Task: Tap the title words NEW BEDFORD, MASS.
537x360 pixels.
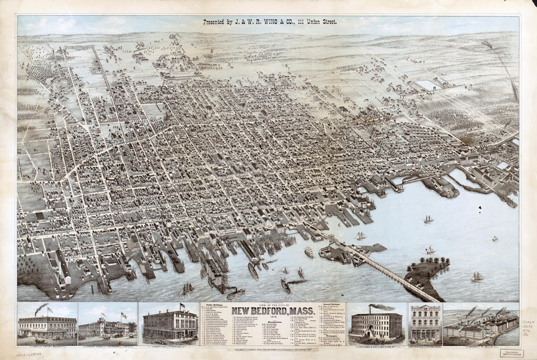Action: tap(272, 312)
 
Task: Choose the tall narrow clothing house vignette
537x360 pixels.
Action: tap(424, 323)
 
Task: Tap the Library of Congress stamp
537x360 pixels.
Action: tap(512, 353)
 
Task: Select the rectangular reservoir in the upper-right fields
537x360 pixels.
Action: tap(429, 85)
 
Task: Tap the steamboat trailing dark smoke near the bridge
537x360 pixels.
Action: tap(286, 286)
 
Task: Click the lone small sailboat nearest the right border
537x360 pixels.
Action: tap(495, 239)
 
